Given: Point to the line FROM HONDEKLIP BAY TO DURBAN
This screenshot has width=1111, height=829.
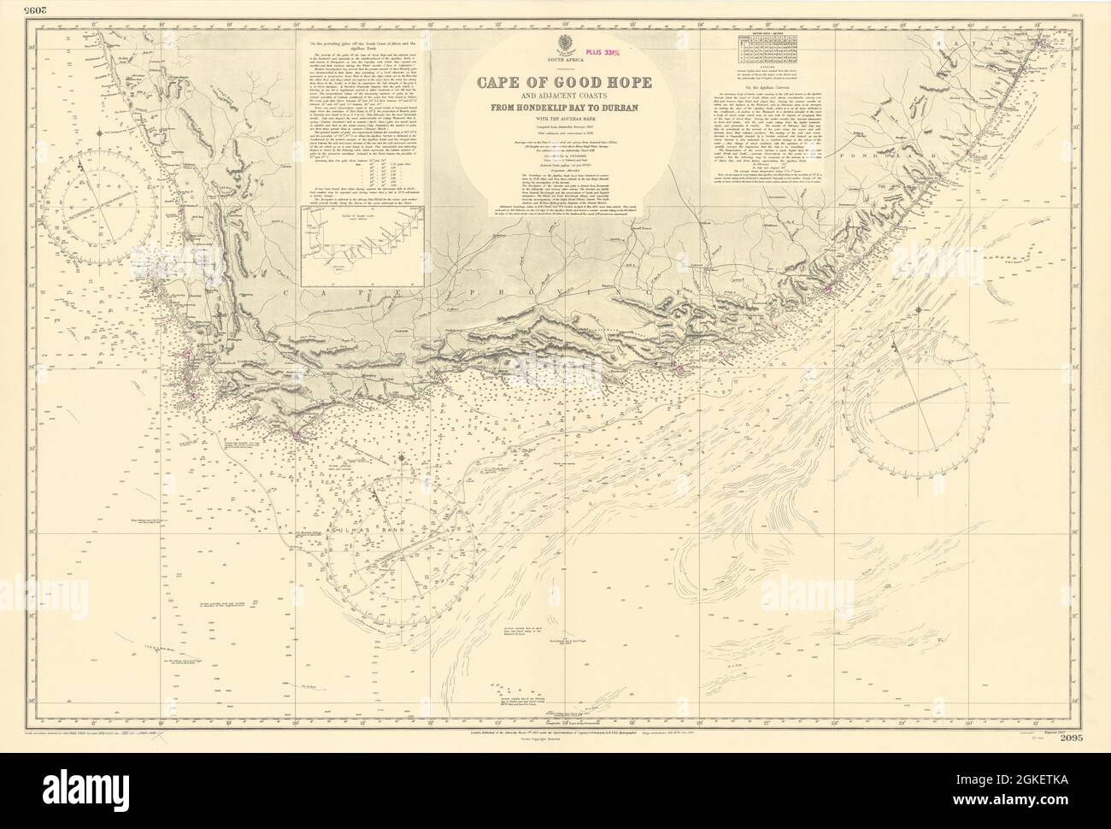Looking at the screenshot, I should pyautogui.click(x=555, y=120).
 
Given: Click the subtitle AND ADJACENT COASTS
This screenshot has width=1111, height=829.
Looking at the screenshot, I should pyautogui.click(x=555, y=104).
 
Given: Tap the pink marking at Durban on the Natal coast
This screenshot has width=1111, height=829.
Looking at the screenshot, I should pyautogui.click(x=1040, y=42).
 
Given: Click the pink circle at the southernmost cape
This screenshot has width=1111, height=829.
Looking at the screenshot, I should pyautogui.click(x=297, y=437).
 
